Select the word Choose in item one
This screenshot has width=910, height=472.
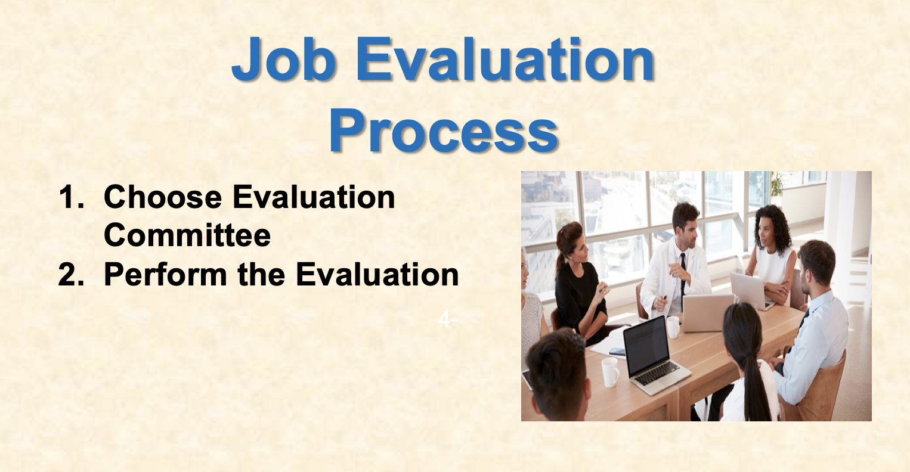click(x=163, y=197)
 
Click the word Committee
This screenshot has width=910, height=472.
click(x=187, y=235)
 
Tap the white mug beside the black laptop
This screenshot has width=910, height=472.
click(x=610, y=372)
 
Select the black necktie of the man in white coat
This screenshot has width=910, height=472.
click(x=683, y=274)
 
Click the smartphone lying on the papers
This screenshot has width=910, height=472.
click(x=617, y=352)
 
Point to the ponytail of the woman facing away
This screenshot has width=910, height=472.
click(x=755, y=381)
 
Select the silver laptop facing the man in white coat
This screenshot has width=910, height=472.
click(x=707, y=312)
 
